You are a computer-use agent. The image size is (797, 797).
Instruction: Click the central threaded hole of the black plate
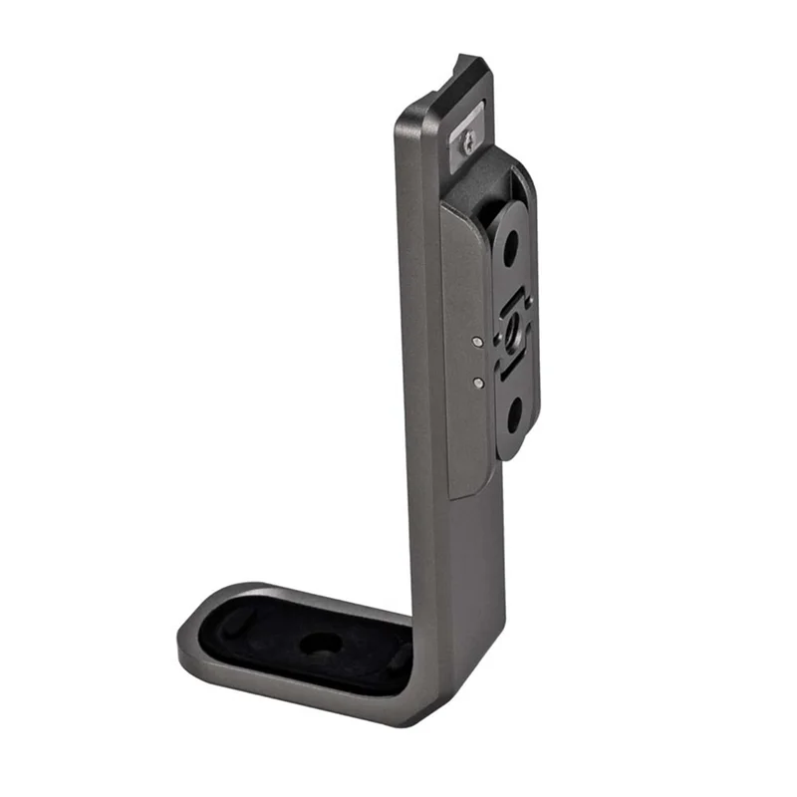(513, 329)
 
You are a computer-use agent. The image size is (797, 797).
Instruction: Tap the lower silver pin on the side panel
(479, 380)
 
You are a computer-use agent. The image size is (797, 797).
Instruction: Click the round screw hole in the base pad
(319, 644)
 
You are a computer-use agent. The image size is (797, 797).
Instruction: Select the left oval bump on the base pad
(231, 626)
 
